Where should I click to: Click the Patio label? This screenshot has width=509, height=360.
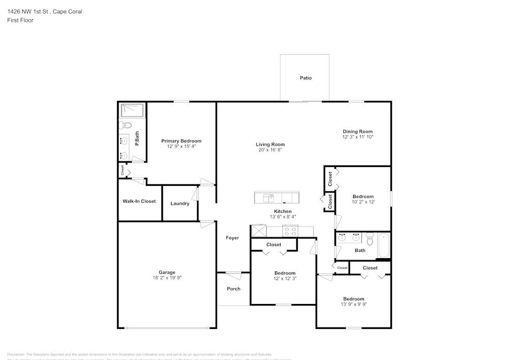[x=305, y=78]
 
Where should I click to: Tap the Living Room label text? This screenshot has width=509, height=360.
[x=270, y=145]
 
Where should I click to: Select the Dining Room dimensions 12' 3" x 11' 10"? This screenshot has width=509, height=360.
[x=358, y=137]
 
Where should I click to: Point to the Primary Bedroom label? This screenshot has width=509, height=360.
[x=181, y=141]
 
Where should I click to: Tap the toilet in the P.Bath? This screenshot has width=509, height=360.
[x=126, y=125]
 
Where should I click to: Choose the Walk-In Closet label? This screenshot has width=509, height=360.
[x=139, y=201]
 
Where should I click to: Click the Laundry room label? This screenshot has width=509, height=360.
[x=180, y=204]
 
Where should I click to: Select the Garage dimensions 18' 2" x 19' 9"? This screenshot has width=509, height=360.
[x=167, y=278]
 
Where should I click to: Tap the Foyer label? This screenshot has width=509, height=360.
[x=232, y=238]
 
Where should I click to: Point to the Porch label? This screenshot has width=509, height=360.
[x=233, y=289]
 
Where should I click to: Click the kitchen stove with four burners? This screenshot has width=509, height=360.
[x=290, y=231]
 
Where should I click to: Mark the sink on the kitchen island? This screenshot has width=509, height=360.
[x=268, y=197]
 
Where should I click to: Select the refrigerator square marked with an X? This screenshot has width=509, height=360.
[x=259, y=231]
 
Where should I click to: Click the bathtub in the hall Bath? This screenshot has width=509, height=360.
[x=383, y=245]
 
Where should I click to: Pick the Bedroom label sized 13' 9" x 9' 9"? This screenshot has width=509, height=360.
[x=353, y=299]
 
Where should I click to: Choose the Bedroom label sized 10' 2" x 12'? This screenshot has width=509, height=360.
[x=363, y=197]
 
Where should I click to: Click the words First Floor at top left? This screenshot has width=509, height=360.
[x=20, y=20]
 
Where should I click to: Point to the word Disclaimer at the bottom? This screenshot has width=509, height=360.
[x=16, y=354]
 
